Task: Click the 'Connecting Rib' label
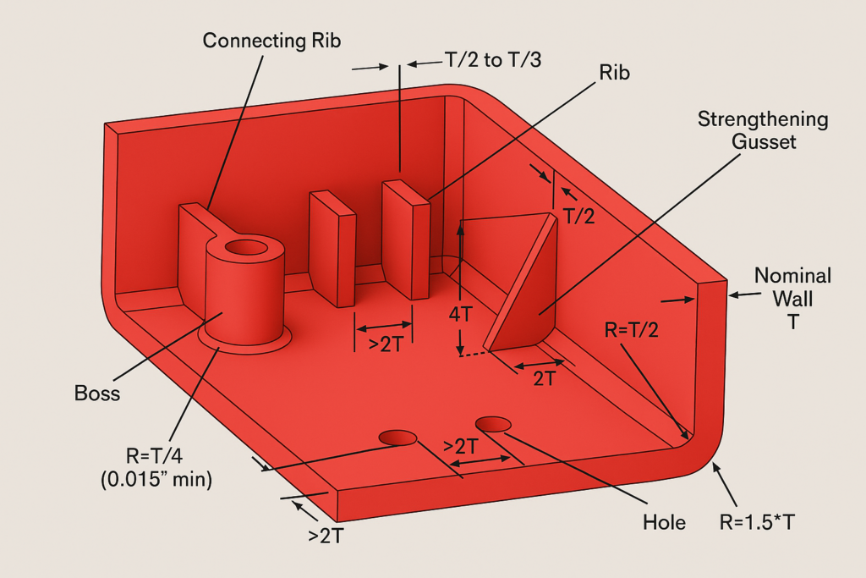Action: coord(273,40)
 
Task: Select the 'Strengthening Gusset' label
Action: coord(763,130)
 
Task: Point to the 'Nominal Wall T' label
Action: coord(792,299)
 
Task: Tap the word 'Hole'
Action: coord(663,522)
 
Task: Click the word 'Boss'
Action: coord(98,393)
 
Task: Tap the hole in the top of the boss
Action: coord(245,248)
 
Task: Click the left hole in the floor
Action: coord(397,438)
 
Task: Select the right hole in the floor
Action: coord(494,422)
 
